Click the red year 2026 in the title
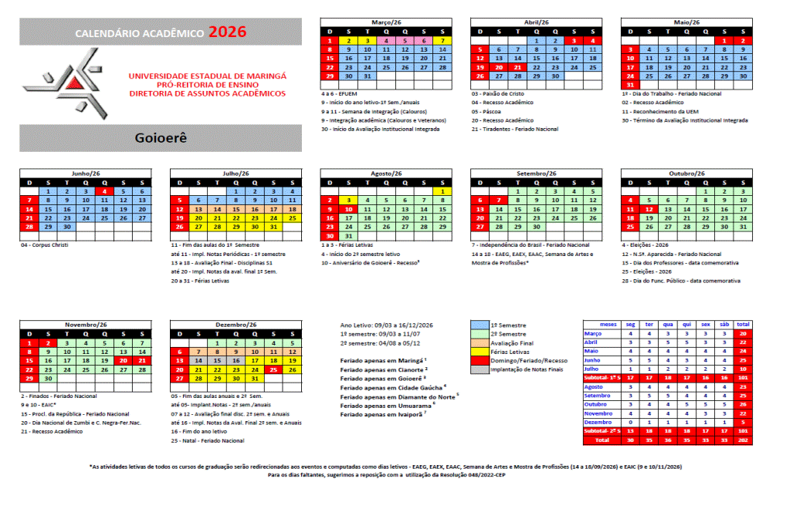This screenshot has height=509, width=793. (228, 32)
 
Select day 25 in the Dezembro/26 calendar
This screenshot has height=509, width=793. (273, 370)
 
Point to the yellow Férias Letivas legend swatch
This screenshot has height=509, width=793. (479, 352)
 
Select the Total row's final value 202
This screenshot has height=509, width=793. (743, 440)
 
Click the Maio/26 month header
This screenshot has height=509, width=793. (686, 22)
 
